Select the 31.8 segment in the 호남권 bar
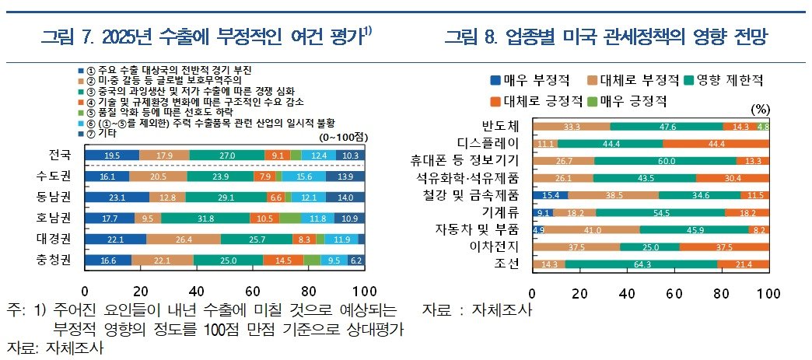pyautogui.click(x=206, y=218)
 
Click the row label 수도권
pyautogui.click(x=58, y=177)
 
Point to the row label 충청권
pyautogui.click(x=58, y=260)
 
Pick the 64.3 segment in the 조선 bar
pyautogui.click(x=642, y=265)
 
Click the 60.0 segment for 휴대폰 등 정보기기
pyautogui.click(x=665, y=161)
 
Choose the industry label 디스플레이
pyautogui.click(x=490, y=143)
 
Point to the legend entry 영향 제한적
pyautogui.click(x=723, y=79)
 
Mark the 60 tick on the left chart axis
pyautogui.click(x=253, y=292)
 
